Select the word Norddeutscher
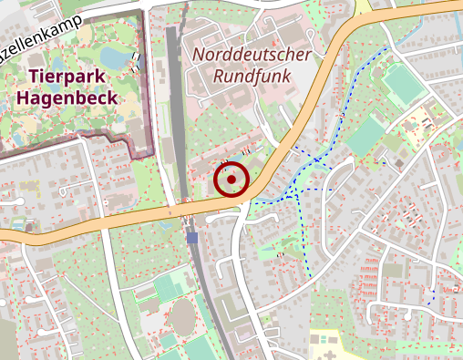[252, 56]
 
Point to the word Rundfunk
[252, 77]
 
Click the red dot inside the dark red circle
[231, 180]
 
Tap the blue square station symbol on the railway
[192, 238]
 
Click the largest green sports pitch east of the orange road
[402, 86]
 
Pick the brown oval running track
[183, 318]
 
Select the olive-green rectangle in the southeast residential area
[393, 271]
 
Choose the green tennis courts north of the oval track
[170, 288]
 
